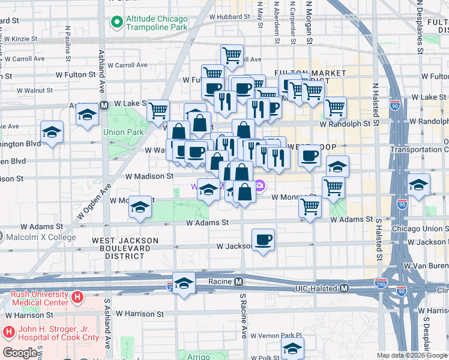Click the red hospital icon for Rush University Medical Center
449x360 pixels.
point(77,297)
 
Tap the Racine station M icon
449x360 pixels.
point(238,281)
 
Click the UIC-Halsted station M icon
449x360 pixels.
point(344,289)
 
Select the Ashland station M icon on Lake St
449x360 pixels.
point(103,106)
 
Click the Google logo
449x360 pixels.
point(20,353)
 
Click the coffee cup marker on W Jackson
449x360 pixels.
point(263,240)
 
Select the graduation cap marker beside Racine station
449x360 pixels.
point(184,283)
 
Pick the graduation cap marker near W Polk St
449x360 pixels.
point(292,348)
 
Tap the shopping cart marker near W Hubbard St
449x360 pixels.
point(232,55)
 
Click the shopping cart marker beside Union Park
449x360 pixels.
point(158,110)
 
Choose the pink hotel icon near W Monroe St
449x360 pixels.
point(259,185)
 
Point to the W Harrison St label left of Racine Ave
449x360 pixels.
point(139,314)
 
